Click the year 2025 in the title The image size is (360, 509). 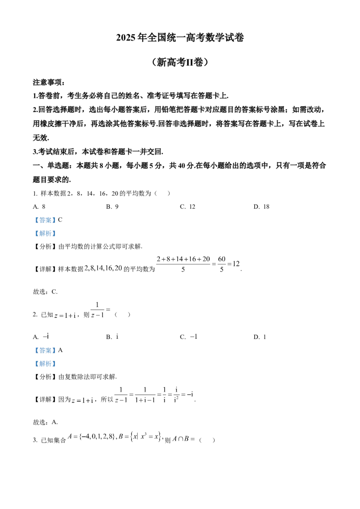click(x=126, y=38)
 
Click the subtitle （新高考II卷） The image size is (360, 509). click(x=180, y=62)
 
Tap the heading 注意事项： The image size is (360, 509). click(x=49, y=82)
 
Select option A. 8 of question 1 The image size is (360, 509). click(x=39, y=207)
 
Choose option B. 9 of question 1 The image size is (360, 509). click(x=112, y=207)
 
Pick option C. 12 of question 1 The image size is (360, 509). click(x=188, y=207)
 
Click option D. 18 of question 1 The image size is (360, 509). click(x=261, y=207)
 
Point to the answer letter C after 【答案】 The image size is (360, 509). click(x=60, y=220)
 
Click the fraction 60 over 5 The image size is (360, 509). click(x=221, y=264)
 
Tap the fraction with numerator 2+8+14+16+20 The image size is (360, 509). click(x=183, y=264)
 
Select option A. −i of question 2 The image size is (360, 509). click(x=41, y=337)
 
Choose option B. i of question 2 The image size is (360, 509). click(x=112, y=337)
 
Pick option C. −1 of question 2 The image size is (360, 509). click(x=189, y=337)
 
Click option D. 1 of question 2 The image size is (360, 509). click(x=260, y=337)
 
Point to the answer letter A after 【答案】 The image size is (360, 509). click(x=60, y=350)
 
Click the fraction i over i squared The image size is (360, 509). click(x=176, y=394)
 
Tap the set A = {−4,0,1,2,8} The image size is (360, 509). click(x=92, y=437)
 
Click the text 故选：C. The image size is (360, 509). click(x=45, y=292)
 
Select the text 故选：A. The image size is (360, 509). click(x=45, y=422)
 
